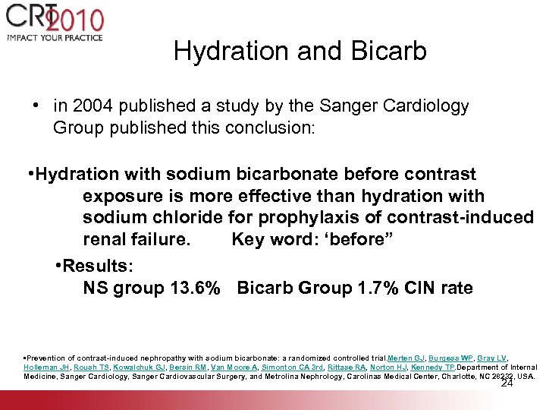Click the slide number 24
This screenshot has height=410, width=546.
tap(507, 383)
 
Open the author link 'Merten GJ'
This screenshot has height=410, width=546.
tap(406, 358)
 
